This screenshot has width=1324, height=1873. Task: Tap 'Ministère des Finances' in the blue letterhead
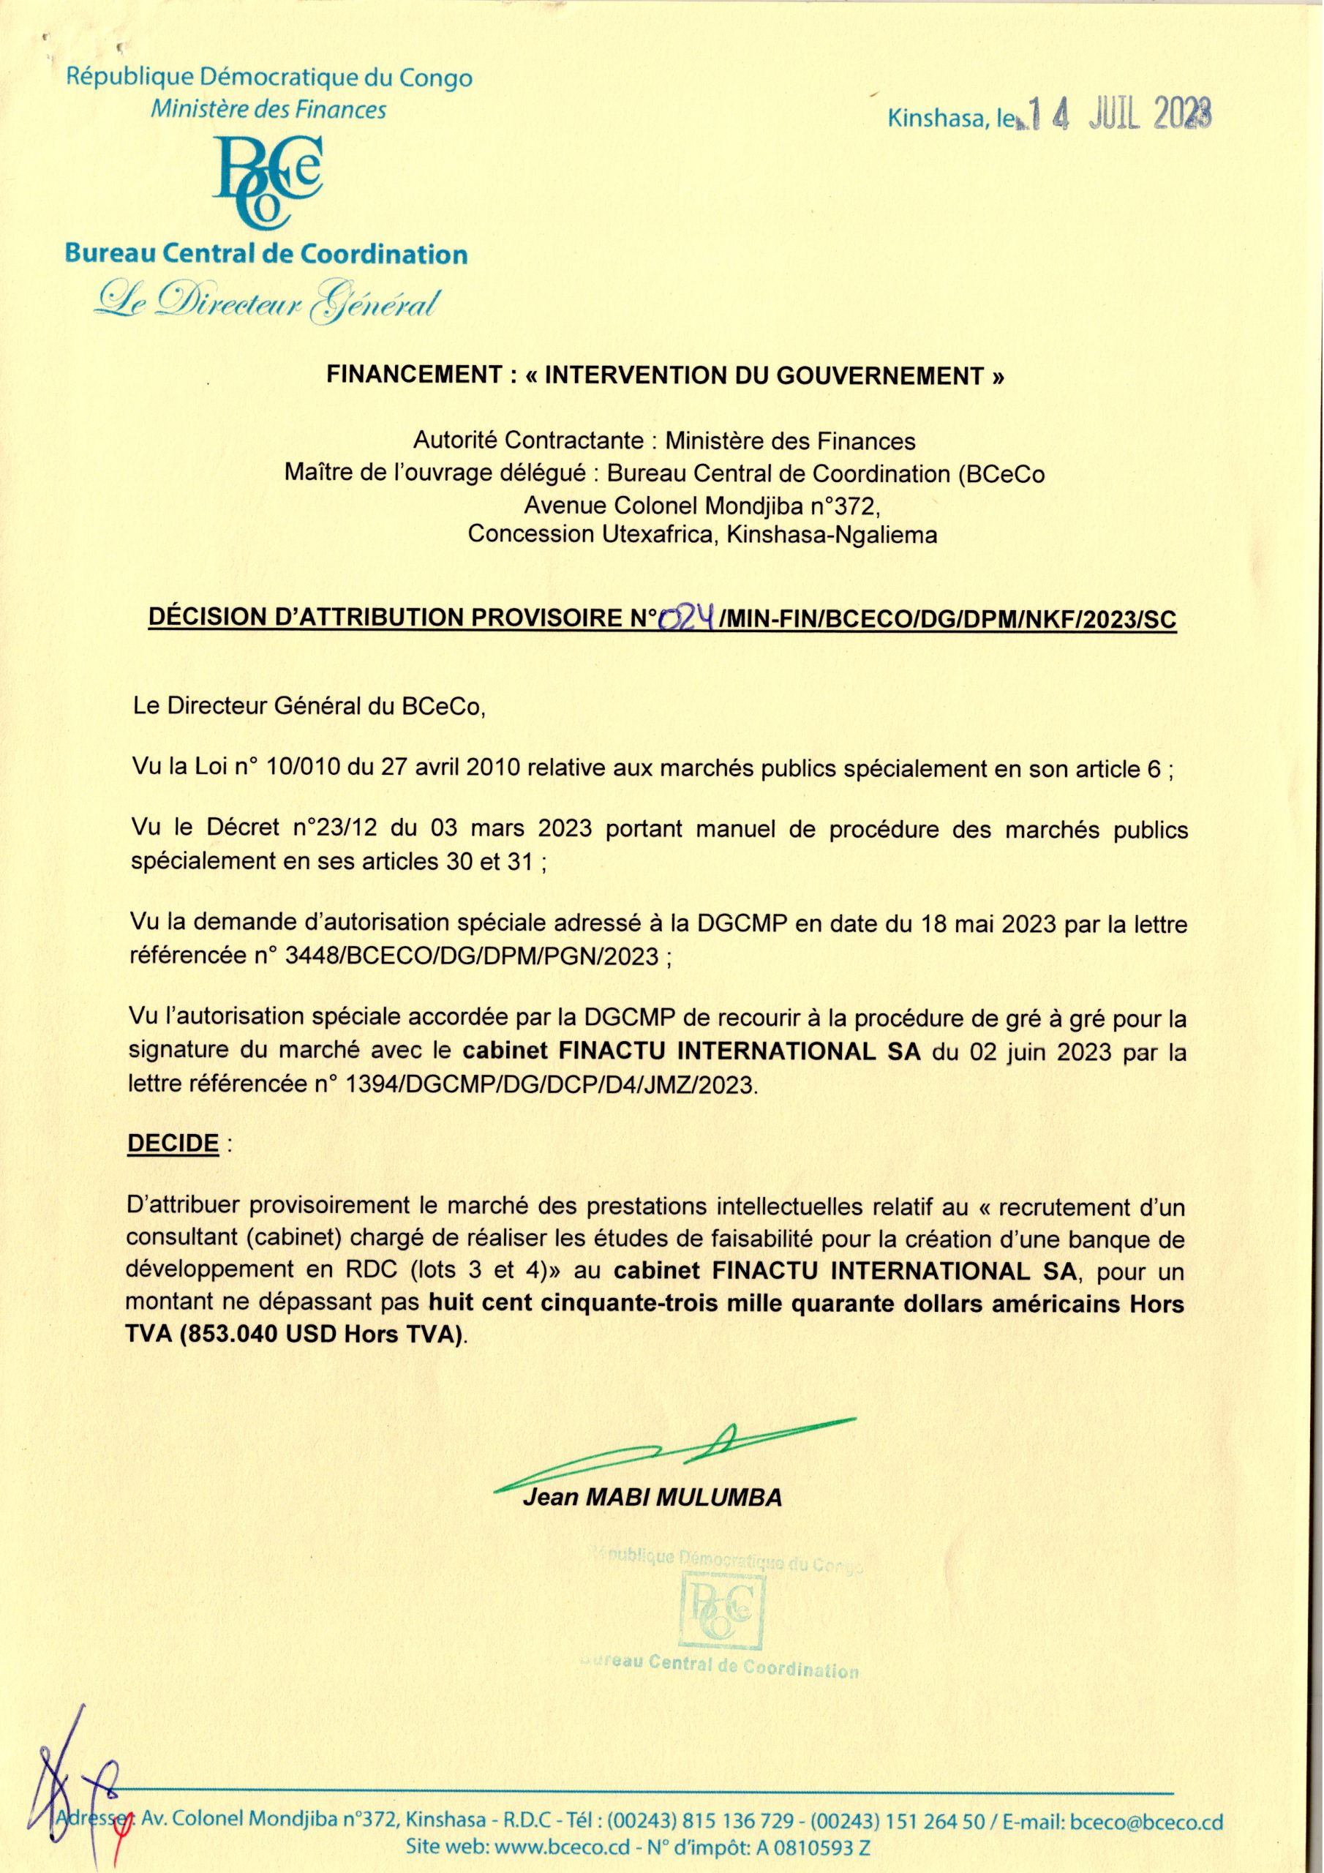[268, 109]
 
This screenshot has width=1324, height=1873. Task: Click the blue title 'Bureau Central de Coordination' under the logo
[266, 255]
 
